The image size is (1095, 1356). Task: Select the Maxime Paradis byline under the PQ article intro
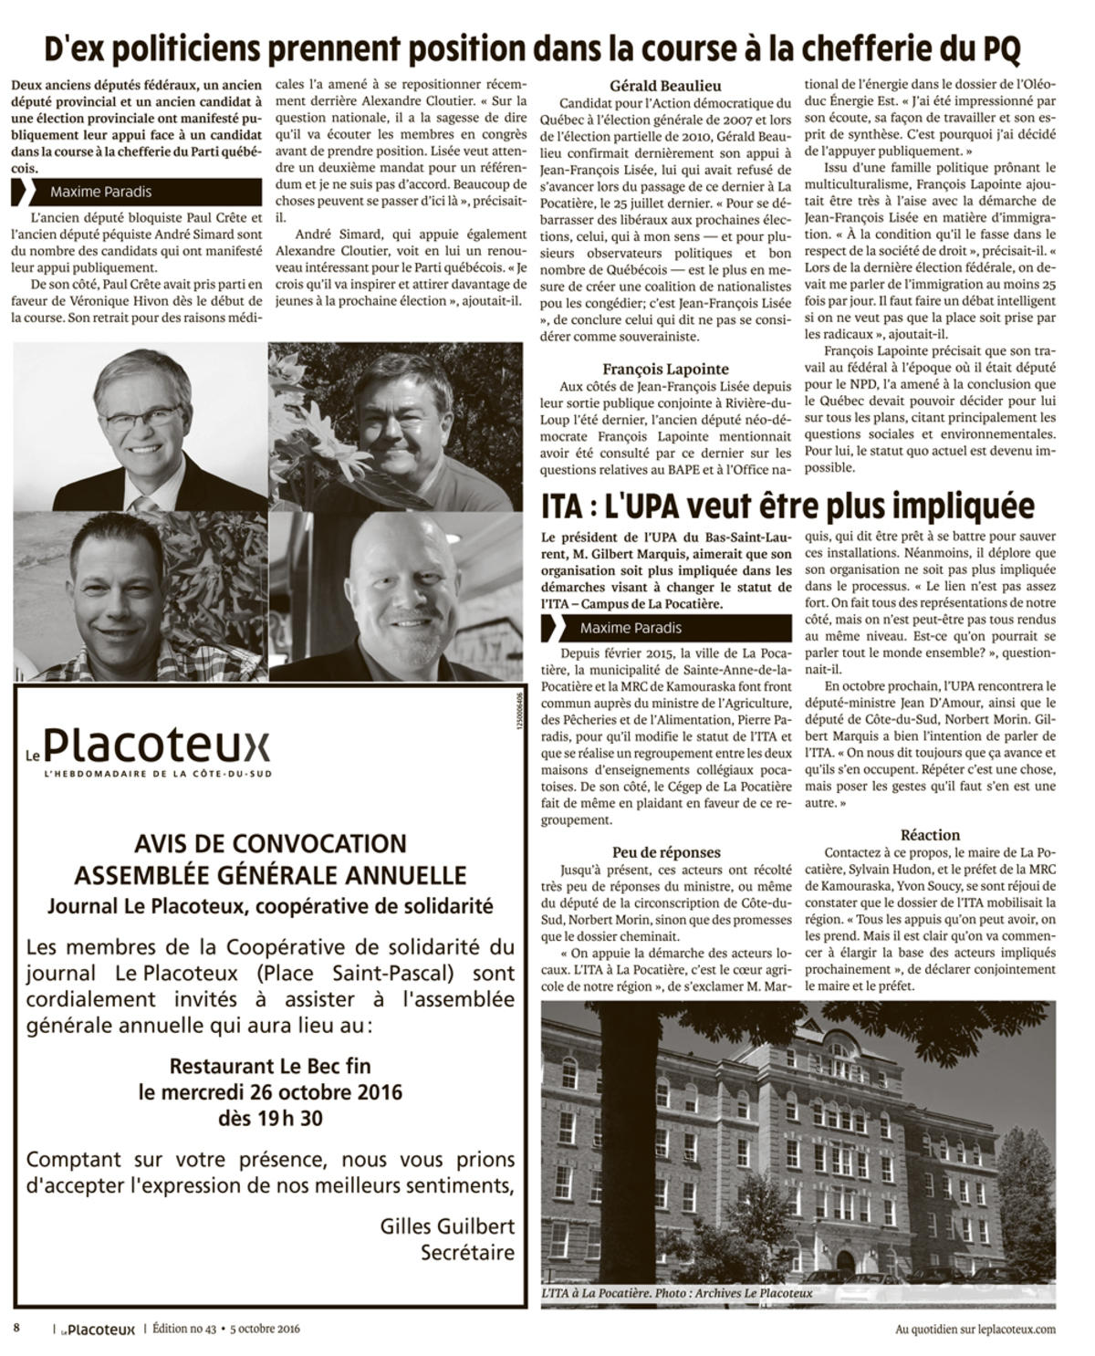[x=101, y=192]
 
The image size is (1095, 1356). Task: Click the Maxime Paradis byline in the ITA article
[x=631, y=628]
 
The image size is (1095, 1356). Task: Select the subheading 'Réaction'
[x=930, y=834]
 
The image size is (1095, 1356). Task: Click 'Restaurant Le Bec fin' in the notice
[x=270, y=1066]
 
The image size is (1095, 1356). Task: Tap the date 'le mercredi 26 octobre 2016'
[x=270, y=1091]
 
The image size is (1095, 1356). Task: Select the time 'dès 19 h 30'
[x=270, y=1118]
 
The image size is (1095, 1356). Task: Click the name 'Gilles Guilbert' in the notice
[x=447, y=1226]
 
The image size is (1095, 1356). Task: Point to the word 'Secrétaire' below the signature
[x=467, y=1252]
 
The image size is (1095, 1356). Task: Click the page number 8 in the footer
[x=16, y=1328]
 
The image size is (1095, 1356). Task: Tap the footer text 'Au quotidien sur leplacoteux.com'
[x=975, y=1330]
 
